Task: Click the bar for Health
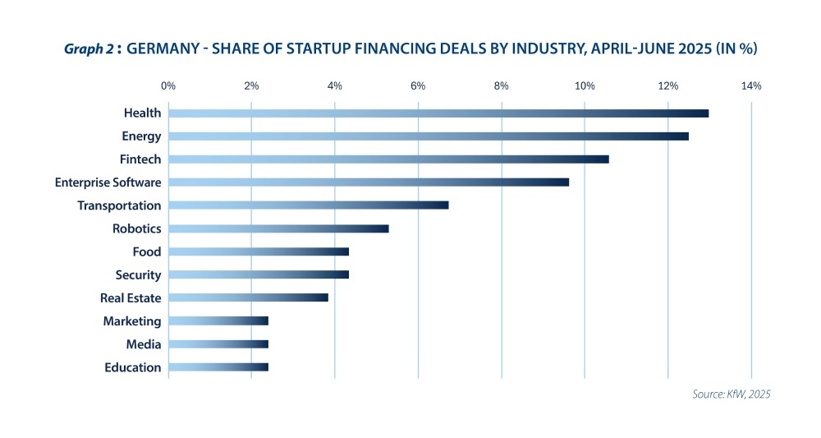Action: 438,113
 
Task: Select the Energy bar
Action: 429,136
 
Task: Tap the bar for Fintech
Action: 388,159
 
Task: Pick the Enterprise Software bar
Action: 369,182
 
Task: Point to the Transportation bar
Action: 309,205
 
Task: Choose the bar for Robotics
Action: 278,228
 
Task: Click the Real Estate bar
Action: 248,297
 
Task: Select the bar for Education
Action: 218,367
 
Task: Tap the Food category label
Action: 147,251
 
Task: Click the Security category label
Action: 138,274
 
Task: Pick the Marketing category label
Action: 132,321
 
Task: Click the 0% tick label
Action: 168,85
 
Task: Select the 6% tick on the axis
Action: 418,85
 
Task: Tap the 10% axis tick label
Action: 585,85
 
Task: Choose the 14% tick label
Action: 751,85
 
